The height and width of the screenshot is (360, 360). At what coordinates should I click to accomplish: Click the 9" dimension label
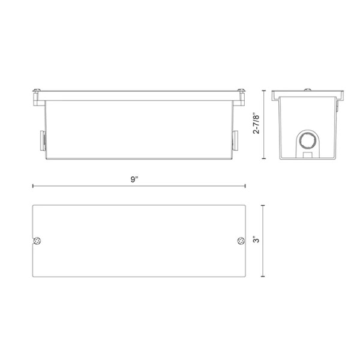(x=134, y=179)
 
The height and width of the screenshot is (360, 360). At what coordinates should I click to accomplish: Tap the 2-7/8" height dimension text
(x=256, y=123)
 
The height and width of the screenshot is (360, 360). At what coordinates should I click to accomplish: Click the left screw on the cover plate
(x=37, y=241)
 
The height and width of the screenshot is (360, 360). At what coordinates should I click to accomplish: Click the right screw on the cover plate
(x=241, y=241)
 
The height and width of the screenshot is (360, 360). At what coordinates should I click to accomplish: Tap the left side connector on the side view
(x=43, y=141)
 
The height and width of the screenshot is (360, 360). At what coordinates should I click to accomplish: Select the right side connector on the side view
(x=235, y=141)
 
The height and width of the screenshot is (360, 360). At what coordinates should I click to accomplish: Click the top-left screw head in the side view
(x=37, y=90)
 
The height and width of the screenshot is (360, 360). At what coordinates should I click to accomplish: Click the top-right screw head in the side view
(x=241, y=90)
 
